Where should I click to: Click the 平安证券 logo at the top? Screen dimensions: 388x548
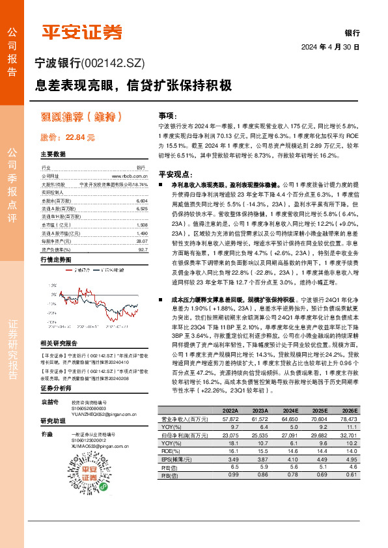(82, 31)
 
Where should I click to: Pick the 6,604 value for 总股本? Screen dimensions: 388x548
(143, 202)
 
